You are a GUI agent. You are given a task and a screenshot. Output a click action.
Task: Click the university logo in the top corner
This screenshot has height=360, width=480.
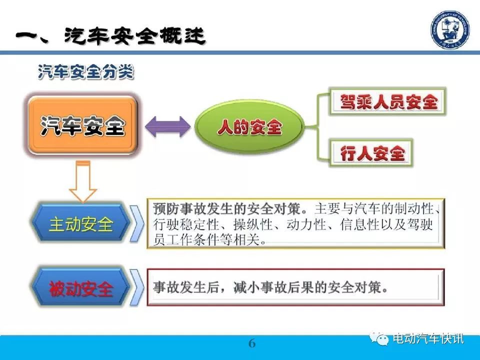click(450, 29)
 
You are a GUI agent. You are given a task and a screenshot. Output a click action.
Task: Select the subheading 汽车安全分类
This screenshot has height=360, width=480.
click(86, 72)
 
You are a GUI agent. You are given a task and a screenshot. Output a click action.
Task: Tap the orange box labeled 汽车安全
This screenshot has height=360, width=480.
click(82, 125)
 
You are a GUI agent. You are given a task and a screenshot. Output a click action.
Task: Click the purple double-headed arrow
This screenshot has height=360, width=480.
click(167, 126)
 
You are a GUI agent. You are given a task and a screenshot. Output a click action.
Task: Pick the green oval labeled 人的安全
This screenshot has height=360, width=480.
click(249, 126)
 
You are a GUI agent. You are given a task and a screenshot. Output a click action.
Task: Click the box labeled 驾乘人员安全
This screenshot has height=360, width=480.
click(387, 101)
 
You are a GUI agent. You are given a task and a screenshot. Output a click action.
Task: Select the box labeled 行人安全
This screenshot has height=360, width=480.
click(371, 153)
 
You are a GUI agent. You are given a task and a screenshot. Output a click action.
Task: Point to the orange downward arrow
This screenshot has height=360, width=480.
click(83, 181)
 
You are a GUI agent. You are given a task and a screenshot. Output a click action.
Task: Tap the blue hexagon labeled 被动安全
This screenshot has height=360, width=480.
click(81, 288)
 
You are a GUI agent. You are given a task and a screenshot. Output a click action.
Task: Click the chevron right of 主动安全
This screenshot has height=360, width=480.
click(137, 224)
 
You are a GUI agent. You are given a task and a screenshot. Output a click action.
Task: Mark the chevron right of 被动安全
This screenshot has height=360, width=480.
click(137, 287)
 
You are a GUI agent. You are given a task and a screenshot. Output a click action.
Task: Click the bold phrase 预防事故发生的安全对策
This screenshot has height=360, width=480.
click(226, 209)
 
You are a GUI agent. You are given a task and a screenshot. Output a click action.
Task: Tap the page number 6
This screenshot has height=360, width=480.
click(252, 343)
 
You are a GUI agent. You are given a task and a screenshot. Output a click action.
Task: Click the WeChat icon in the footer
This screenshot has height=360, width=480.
click(379, 338)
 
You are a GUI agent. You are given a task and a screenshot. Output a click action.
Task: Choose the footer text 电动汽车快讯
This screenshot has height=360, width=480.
click(428, 339)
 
